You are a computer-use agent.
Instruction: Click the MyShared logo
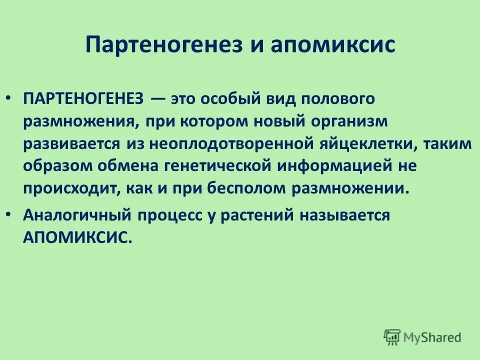[x=422, y=336]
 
